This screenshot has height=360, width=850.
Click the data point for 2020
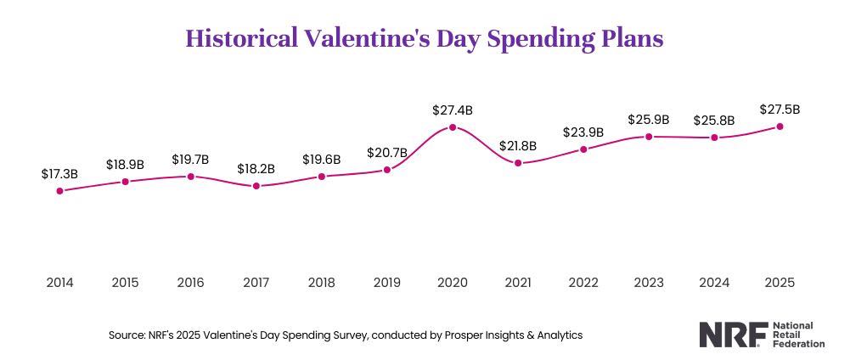[x=453, y=127]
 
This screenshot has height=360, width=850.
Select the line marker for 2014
[x=59, y=191]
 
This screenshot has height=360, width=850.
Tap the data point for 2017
[x=256, y=186]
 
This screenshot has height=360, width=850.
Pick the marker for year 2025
[x=780, y=127]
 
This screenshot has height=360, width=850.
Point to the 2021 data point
[x=518, y=163]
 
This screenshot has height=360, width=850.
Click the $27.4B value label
[x=453, y=110]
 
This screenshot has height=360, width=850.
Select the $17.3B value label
[x=59, y=173]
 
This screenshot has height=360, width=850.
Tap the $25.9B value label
[x=649, y=120]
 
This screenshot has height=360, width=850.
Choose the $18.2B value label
[x=256, y=168]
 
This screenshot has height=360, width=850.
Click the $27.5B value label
[x=780, y=109]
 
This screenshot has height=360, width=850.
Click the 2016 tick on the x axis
[x=190, y=283]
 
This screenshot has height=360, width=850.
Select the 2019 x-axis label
[x=386, y=283]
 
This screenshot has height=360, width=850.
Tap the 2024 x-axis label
[x=714, y=283]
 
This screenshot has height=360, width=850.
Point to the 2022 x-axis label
[x=583, y=283]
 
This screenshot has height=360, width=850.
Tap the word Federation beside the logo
[x=798, y=344]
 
